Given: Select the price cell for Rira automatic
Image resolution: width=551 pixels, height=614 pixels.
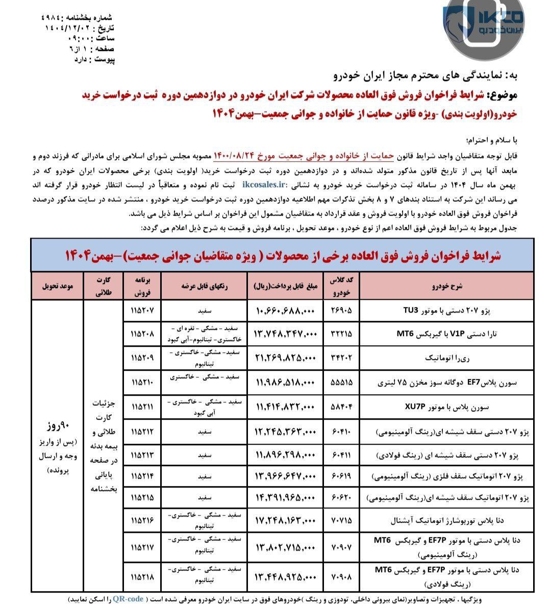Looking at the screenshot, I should (x=286, y=358).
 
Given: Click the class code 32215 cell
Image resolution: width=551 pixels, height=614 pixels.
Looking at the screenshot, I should (x=342, y=334).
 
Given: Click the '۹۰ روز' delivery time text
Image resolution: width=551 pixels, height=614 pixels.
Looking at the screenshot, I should (x=57, y=425).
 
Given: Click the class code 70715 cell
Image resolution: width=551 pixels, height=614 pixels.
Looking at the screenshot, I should (x=342, y=520).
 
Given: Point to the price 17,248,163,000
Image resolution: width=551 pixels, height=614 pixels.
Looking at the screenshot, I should (x=286, y=520).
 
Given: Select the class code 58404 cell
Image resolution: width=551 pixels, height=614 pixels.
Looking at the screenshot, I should (x=342, y=407).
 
